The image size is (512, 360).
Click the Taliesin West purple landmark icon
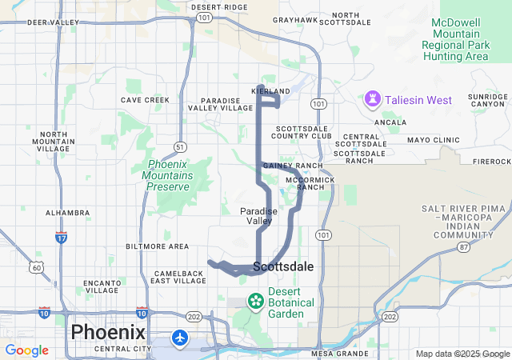coord(373,99)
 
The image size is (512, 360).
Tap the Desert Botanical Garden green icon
coord(255,302)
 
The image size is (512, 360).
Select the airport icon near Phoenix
coord(179,338)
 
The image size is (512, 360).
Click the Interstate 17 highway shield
coord(62,238)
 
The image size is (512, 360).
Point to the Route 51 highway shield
coord(181,146)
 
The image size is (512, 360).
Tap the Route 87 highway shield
coord(465,247)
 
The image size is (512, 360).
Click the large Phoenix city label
coord(108,332)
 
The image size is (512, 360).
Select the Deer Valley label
coord(53,22)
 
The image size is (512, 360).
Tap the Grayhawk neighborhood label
coord(295,19)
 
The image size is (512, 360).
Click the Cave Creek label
coord(145,100)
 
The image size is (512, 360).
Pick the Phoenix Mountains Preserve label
coord(168,175)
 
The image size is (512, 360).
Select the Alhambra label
coord(67,213)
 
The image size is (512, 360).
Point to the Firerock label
coord(491,161)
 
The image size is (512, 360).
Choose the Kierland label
coord(270,92)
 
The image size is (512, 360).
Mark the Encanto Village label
coord(101,287)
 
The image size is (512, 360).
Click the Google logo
coord(26,350)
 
